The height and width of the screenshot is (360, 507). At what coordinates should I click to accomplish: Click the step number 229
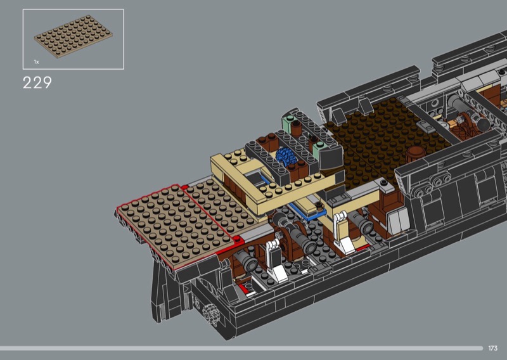point(37,83)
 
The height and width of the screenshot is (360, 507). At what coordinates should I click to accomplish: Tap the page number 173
point(493,348)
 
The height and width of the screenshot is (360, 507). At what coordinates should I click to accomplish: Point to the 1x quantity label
point(37,61)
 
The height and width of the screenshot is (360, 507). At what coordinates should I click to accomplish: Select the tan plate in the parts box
point(74,37)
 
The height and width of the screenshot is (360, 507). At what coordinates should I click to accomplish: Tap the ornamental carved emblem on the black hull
point(210,314)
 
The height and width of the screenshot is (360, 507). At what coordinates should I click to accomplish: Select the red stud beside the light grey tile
point(238,240)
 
